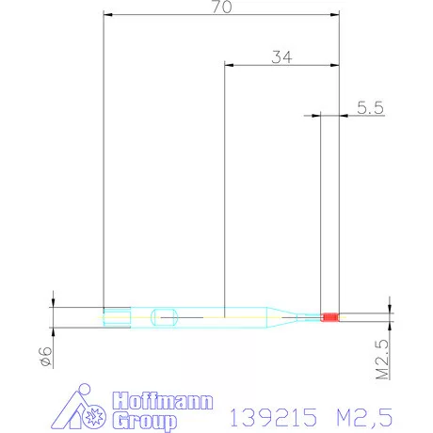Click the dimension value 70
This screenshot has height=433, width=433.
pos(222,7)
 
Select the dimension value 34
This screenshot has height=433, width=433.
pos(281,57)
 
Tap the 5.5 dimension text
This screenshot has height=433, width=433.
pos(370,107)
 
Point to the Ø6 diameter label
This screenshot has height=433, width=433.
pos(46,357)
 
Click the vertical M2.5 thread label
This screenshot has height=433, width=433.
pos(382,360)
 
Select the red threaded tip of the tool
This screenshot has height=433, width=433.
pos(329,317)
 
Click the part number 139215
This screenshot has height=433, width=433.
pos(273,417)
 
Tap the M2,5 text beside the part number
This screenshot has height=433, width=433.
pos(364,418)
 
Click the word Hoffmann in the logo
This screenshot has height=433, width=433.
pos(163,401)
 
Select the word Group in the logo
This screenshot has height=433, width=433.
pos(144,421)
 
